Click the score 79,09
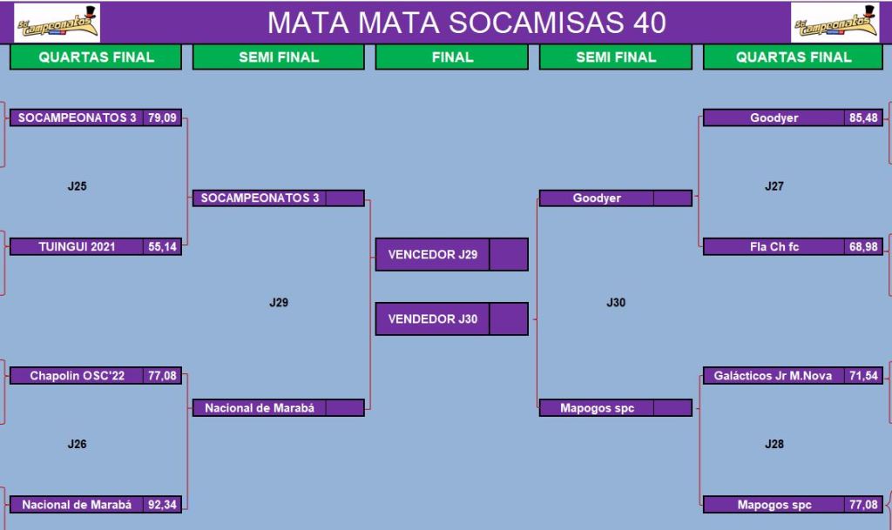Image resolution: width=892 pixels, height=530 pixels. point(162,117)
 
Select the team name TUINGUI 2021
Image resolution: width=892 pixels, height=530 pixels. point(77,246)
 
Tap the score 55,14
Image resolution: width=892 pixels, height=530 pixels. point(162,246)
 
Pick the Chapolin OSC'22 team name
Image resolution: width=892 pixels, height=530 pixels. point(77,375)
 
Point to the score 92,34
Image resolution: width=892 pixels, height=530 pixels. point(162,505)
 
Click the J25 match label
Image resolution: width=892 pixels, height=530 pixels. point(77,185)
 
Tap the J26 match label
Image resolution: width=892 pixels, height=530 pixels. point(77,444)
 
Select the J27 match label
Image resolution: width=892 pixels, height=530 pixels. point(774,185)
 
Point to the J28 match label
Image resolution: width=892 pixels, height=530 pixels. point(774,444)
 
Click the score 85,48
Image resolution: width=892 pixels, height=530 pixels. point(863,117)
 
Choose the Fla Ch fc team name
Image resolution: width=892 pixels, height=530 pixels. point(774,246)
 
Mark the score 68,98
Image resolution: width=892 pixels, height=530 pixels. point(863,246)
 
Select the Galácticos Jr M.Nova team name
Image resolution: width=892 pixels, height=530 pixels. point(773,375)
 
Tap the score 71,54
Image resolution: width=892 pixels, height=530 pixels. point(863,375)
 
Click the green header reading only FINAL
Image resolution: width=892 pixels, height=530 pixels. point(452,57)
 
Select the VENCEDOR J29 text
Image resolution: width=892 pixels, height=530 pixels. point(433,254)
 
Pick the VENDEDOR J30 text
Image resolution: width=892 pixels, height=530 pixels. point(433,319)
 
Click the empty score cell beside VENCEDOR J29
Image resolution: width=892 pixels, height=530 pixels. point(508,254)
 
